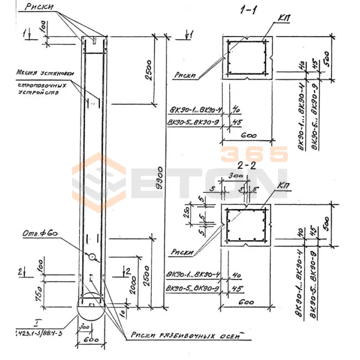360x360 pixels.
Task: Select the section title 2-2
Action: point(247,165)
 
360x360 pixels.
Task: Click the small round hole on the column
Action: point(92,257)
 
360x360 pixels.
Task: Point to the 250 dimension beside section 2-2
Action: point(192,212)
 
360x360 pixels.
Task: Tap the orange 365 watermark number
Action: point(254,154)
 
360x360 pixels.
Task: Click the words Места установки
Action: point(45,72)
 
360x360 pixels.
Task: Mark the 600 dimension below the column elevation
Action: point(91,341)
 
